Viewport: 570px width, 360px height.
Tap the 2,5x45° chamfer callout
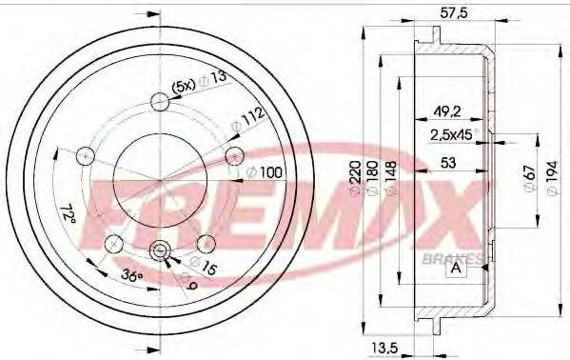(454, 134)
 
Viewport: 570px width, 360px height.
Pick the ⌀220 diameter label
(356, 177)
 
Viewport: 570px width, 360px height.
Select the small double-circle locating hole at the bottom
(160, 251)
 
